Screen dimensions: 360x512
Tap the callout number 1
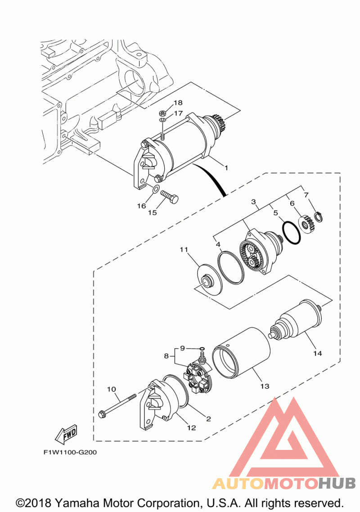[x=226, y=168]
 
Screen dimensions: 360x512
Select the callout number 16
[x=142, y=206]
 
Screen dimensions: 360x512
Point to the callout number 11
[x=184, y=249]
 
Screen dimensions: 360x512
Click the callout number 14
[x=318, y=353]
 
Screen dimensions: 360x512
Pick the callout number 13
[x=265, y=386]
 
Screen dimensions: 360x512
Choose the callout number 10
[x=112, y=388]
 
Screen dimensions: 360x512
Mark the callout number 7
[x=306, y=195]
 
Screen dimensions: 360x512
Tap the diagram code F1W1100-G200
[x=70, y=452]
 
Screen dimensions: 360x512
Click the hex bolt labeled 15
[x=169, y=197]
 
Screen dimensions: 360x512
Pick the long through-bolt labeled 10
[x=118, y=404]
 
